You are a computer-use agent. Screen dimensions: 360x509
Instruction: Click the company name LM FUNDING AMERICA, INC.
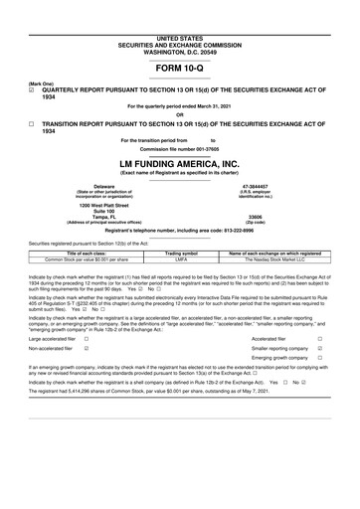(x=180, y=163)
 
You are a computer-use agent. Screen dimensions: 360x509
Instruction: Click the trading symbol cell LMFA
(x=181, y=260)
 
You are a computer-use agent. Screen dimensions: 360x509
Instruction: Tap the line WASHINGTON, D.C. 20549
(x=180, y=21)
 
